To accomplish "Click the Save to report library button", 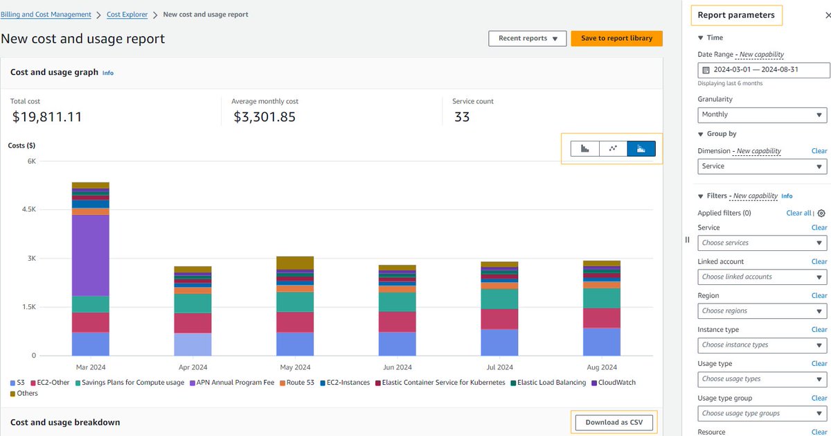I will pos(616,39).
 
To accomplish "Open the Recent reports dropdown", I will pos(527,39).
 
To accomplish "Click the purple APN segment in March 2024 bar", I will pos(90,255).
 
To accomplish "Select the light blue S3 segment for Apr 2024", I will pos(193,344).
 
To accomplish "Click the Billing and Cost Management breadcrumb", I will pos(46,15).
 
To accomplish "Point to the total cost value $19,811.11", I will pos(47,117).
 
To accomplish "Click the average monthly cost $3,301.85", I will pos(265,117).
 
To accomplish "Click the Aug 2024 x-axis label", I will pos(601,367).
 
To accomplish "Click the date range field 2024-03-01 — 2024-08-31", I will pos(762,70).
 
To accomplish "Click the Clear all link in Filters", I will pos(798,213).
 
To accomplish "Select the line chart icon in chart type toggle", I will pos(613,148).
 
